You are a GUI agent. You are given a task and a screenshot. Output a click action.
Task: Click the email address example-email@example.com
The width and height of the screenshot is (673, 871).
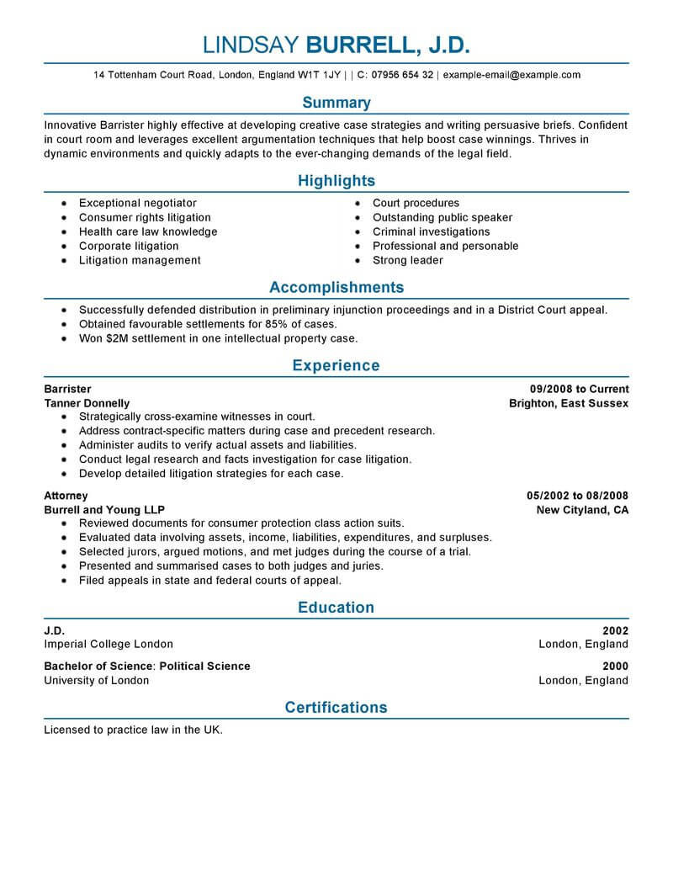click(511, 75)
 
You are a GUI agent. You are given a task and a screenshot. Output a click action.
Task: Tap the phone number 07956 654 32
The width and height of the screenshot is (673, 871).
click(401, 75)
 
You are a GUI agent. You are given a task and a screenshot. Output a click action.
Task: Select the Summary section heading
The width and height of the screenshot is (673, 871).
click(336, 103)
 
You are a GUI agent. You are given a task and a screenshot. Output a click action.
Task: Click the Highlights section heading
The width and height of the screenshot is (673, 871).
click(336, 181)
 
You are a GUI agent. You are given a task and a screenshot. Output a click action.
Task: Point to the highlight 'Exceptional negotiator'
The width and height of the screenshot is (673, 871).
click(138, 203)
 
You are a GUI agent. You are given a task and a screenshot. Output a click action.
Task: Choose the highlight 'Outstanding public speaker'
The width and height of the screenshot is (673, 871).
click(442, 217)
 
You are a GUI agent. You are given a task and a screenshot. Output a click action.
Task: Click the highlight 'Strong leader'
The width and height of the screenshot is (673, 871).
click(408, 260)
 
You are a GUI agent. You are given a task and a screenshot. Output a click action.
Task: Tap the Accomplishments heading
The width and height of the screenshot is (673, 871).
click(336, 287)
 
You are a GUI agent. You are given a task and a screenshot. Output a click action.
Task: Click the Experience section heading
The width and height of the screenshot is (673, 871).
click(336, 366)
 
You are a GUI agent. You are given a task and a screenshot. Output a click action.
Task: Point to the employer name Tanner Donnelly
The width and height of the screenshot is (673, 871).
click(87, 403)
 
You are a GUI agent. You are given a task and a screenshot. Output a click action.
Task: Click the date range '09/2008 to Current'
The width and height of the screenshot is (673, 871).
click(580, 389)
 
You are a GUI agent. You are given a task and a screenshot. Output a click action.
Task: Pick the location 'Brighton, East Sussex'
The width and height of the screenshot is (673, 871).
click(569, 403)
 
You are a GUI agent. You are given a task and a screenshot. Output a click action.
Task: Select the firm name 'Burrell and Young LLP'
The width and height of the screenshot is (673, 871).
click(104, 510)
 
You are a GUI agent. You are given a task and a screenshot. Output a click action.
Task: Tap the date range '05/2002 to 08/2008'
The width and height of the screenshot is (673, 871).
click(577, 496)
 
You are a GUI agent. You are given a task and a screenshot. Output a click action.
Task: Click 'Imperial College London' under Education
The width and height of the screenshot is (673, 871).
click(109, 644)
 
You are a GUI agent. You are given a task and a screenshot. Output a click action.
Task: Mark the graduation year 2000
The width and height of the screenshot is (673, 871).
click(615, 666)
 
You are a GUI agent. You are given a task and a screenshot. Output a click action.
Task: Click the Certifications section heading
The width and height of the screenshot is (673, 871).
click(336, 708)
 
